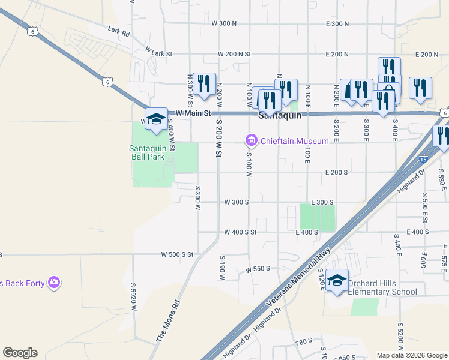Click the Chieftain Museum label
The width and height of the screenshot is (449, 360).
[x=294, y=141]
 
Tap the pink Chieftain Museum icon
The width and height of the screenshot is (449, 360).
[x=251, y=141]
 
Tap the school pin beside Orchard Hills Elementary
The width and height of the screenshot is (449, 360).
[x=337, y=281]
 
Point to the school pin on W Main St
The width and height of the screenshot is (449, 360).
[x=156, y=118]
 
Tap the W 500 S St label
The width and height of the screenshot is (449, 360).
[x=177, y=254]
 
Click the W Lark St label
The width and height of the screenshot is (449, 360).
[x=158, y=53]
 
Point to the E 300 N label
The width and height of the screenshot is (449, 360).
[x=337, y=23]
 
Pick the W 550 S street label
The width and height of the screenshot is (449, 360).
[x=258, y=269]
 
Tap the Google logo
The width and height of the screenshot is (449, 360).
[x=20, y=353]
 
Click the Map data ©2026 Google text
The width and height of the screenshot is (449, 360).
[x=412, y=355]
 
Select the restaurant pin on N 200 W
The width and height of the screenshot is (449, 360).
[x=204, y=84]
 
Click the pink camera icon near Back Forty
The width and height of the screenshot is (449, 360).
[x=54, y=282]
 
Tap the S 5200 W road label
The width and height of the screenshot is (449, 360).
[x=400, y=336]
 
